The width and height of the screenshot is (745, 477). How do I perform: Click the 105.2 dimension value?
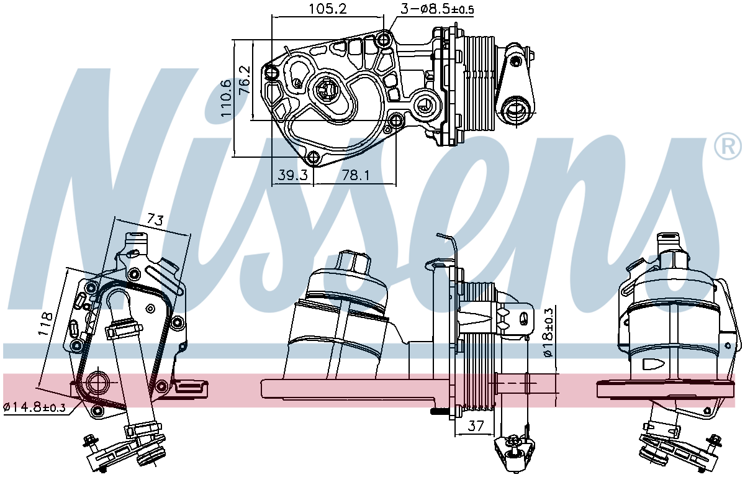pyautogui.click(x=328, y=9)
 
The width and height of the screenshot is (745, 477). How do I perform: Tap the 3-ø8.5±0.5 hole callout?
pyautogui.click(x=437, y=9)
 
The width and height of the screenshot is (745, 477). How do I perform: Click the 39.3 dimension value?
pyautogui.click(x=293, y=175)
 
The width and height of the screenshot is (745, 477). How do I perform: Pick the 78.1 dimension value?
pyautogui.click(x=356, y=175)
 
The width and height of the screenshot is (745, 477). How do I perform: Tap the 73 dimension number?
pyautogui.click(x=155, y=219)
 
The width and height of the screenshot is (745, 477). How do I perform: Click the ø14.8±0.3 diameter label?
pyautogui.click(x=35, y=407)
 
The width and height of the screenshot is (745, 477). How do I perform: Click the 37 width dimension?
pyautogui.click(x=476, y=425)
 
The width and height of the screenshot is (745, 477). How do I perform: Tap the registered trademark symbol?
pyautogui.click(x=728, y=147)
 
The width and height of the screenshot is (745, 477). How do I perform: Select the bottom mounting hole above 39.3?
pyautogui.click(x=314, y=157)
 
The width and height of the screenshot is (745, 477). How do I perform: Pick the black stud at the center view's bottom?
pyautogui.click(x=440, y=411)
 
